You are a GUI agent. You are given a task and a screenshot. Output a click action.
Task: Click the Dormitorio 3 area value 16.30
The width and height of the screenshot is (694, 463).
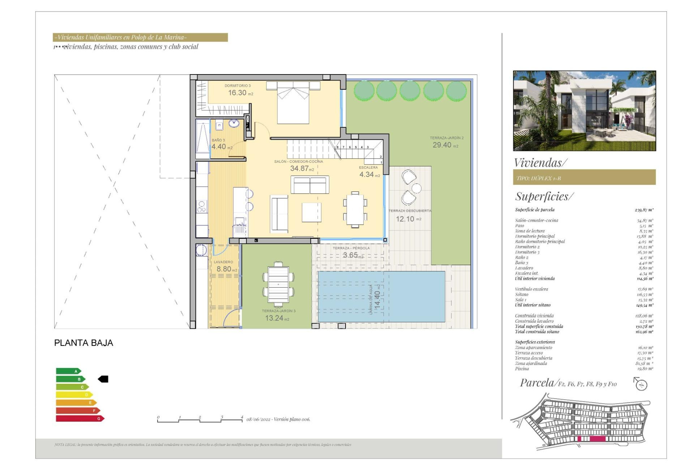point(237,93)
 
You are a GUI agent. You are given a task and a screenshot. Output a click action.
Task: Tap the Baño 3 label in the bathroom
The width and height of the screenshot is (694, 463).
point(218,140)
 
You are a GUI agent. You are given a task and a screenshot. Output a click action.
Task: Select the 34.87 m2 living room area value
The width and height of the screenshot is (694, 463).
point(300,169)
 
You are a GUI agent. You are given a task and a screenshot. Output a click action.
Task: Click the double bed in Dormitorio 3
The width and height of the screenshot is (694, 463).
point(293,103)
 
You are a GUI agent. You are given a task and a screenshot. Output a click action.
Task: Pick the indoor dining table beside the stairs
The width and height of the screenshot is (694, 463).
point(355,210)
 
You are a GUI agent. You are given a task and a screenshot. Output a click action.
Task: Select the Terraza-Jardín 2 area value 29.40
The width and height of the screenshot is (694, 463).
point(442,145)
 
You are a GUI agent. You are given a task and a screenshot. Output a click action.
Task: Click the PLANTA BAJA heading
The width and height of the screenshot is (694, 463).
point(83,343)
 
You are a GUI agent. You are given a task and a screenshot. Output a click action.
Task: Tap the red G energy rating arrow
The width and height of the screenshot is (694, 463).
point(80,419)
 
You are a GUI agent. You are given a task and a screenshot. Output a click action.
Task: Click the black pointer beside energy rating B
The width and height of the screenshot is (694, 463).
point(103,379)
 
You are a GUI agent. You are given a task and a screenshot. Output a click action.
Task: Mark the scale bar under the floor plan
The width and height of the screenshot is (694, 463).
point(200,420)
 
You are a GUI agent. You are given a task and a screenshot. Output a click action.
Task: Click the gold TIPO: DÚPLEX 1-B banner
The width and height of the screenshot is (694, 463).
point(584,178)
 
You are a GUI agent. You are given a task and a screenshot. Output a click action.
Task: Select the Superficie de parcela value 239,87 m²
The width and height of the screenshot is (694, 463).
point(644,210)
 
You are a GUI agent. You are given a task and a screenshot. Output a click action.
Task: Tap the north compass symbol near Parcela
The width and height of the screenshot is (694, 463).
point(641,384)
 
